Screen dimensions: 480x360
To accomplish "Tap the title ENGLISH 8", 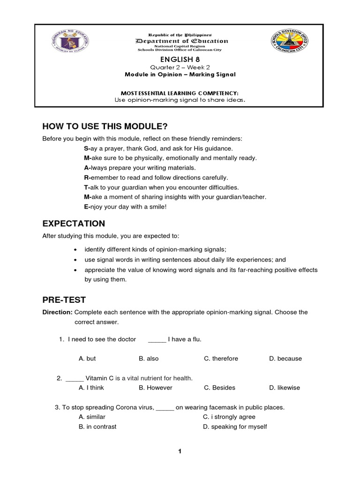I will pos(180,60).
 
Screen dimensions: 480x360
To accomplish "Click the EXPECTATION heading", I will pos(74,223).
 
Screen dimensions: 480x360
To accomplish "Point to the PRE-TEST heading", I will pos(64,300).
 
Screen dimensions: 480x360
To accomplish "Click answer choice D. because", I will pos(285,359).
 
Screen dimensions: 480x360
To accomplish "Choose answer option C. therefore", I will pos(221,359).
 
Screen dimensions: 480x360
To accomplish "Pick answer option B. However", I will pos(156,388).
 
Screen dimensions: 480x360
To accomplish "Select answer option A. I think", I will pos(91,388).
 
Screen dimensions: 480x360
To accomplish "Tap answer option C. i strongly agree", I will pos(229,417).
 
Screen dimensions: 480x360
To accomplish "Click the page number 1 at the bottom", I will pos(179,451).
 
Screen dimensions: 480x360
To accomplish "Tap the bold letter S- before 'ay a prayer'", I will pos(86,148).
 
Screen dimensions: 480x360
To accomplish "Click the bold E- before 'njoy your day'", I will pos(86,207).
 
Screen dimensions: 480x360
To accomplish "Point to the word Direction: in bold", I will pos(57,312).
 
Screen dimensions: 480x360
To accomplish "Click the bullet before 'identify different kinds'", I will pos(76,250).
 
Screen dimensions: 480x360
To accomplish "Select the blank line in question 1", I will pos(157,340).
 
